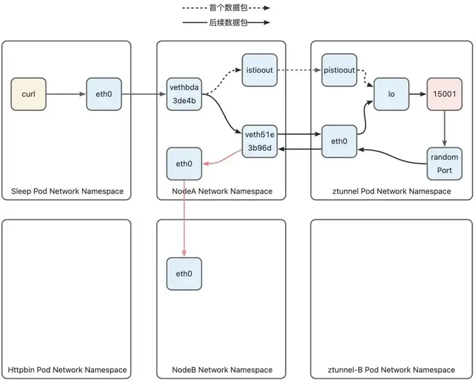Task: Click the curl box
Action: click(x=28, y=94)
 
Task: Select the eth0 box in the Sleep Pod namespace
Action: click(x=104, y=94)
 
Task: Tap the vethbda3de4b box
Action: click(x=184, y=94)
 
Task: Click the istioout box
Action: click(x=260, y=70)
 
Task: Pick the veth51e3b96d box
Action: click(x=260, y=141)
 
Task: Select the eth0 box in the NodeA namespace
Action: click(x=184, y=164)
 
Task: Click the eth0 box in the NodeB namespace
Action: click(x=184, y=274)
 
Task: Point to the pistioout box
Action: click(x=339, y=70)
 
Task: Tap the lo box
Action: click(x=391, y=94)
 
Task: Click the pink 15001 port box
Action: click(x=444, y=94)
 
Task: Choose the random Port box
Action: click(x=444, y=164)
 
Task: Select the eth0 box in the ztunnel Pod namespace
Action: click(x=339, y=141)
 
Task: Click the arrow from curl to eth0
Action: click(x=66, y=94)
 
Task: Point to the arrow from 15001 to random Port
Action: click(x=444, y=129)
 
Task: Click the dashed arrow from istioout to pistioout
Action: click(x=299, y=70)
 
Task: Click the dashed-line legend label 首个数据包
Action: click(x=228, y=7)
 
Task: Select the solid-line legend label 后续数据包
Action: click(x=228, y=22)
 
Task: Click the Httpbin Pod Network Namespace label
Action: click(x=67, y=369)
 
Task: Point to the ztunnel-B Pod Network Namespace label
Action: click(x=391, y=369)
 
